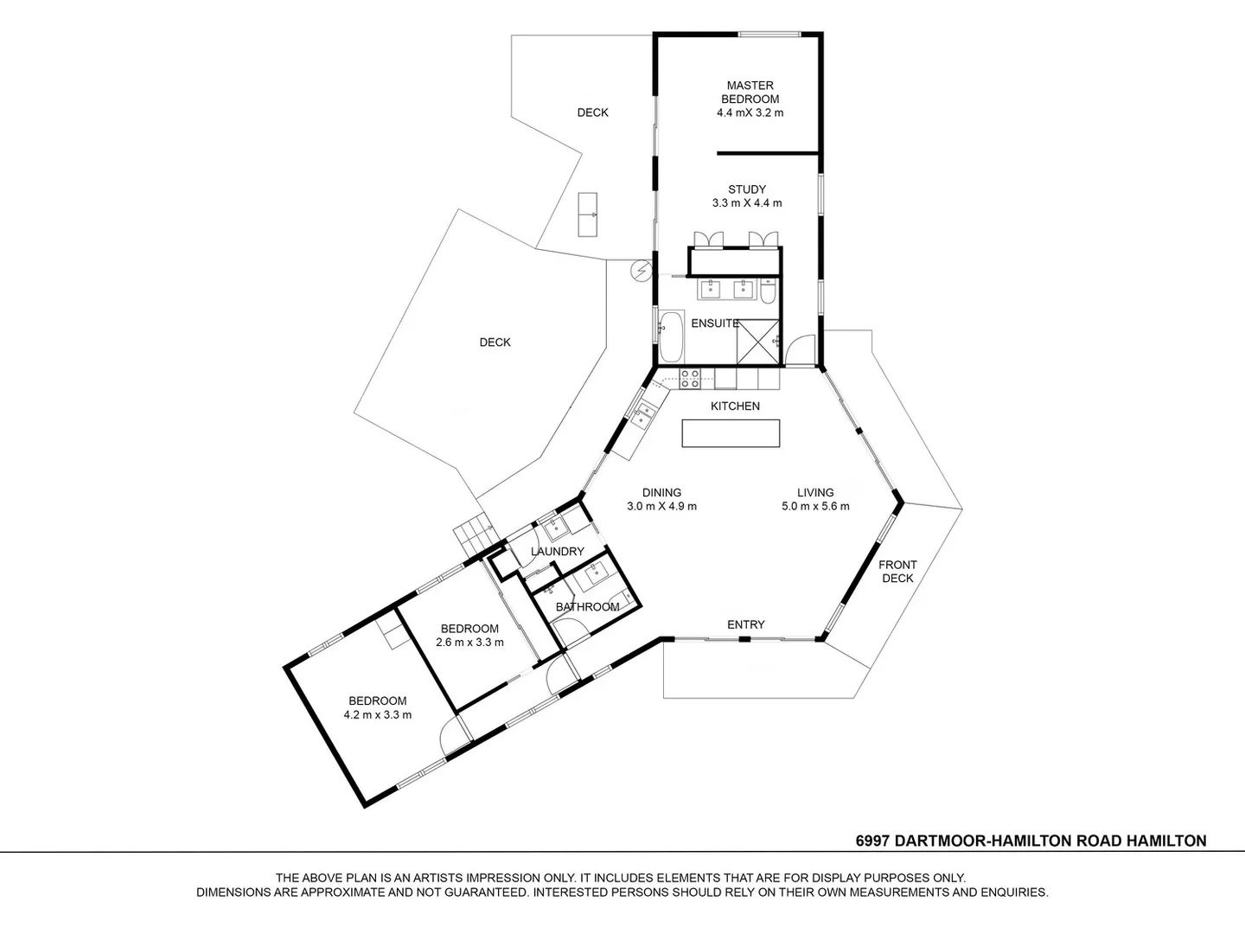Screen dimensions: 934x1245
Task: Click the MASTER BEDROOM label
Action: click(750, 93)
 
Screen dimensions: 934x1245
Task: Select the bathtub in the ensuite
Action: click(670, 336)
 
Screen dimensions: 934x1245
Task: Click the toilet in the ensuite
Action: click(768, 291)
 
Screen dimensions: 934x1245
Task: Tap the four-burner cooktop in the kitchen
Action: click(690, 378)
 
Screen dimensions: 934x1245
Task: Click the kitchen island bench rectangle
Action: click(731, 433)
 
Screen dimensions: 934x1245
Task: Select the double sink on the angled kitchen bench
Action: click(643, 416)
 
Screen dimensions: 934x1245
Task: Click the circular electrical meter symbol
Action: click(641, 271)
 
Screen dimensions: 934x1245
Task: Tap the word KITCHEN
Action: click(735, 406)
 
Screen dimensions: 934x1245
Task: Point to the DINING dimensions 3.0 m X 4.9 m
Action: click(661, 507)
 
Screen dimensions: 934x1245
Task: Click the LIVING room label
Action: click(815, 493)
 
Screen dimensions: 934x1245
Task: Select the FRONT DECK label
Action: click(897, 571)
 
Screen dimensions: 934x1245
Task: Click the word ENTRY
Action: click(745, 624)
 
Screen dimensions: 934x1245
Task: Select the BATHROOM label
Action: click(587, 607)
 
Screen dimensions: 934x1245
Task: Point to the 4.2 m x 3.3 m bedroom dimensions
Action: click(377, 715)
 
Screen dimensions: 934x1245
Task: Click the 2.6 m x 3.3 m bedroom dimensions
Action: click(469, 643)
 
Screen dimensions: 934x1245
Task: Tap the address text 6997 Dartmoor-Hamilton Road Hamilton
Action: click(1031, 841)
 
